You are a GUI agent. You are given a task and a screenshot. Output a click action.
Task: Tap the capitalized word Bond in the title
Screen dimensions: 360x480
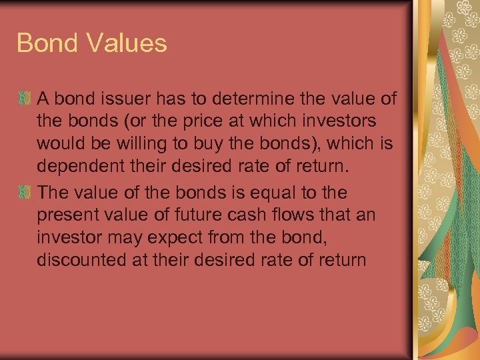45,43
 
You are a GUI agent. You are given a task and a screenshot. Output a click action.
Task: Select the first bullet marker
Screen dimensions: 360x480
25,99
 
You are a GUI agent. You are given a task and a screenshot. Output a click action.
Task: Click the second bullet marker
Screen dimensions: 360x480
25,193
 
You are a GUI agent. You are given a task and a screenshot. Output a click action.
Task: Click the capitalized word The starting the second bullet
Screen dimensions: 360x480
54,193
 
